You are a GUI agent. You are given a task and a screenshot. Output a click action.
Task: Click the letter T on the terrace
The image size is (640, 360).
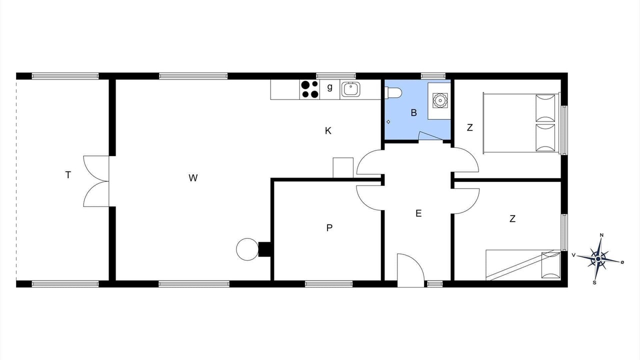(68, 174)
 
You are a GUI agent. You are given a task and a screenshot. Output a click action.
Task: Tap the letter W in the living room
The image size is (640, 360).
(193, 177)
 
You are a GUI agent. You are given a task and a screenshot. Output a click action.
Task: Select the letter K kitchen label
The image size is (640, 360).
(328, 131)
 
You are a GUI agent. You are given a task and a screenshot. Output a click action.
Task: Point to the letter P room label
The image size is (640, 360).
(329, 227)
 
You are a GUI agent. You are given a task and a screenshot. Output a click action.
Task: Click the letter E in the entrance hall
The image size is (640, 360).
(418, 213)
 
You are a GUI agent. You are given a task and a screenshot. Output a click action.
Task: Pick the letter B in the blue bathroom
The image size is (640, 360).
(413, 112)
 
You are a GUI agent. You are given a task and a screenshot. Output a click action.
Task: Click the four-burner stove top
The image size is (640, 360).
(309, 89)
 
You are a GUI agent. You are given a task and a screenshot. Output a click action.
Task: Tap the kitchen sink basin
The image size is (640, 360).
(350, 89)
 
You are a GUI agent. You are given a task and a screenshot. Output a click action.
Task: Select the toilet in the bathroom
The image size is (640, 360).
(393, 92)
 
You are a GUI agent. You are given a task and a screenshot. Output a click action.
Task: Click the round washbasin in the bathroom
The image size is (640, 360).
(439, 100)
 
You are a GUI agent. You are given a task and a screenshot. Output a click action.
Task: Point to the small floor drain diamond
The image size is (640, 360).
(388, 122)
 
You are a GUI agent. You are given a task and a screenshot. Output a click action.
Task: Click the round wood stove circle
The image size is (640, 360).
(247, 249)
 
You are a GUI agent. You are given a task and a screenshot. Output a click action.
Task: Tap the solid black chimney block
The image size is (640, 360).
(264, 249)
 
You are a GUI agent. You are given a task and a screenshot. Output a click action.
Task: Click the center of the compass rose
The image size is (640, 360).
(598, 259)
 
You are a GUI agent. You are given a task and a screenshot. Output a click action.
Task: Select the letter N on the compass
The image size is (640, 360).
(601, 235)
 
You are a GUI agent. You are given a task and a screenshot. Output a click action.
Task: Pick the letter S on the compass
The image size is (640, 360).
(594, 282)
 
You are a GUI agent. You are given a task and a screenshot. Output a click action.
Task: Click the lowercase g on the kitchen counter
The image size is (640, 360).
(329, 87)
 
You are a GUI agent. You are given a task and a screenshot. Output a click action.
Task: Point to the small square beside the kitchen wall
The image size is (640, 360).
(343, 167)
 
